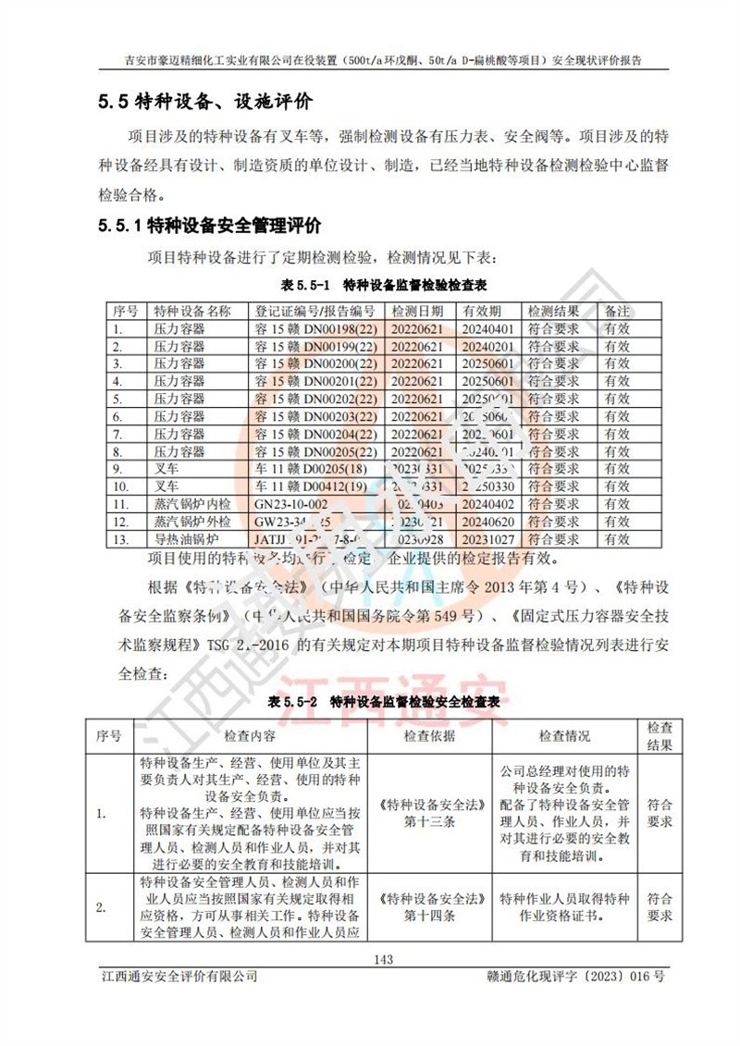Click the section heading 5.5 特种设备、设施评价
pos(205,102)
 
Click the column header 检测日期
pos(418,311)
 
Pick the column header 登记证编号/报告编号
pos(315,311)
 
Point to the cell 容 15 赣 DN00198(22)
pos(315,328)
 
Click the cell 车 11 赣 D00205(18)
pos(314,469)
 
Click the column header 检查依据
pos(432,736)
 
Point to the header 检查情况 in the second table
pos(565,736)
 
